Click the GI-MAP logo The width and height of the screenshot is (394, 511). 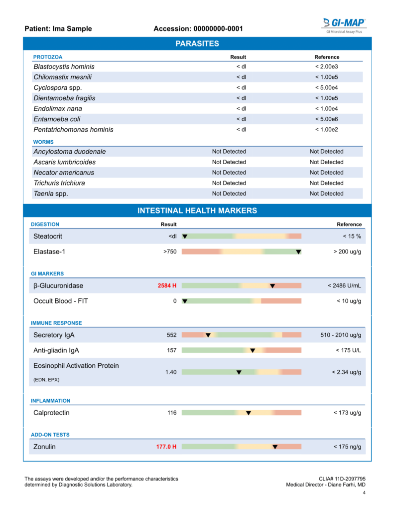pyautogui.click(x=344, y=23)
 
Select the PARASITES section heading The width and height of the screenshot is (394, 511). pyautogui.click(x=197, y=44)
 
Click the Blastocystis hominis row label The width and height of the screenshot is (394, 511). pyautogui.click(x=64, y=67)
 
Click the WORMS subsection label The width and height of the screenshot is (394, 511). pyautogui.click(x=43, y=142)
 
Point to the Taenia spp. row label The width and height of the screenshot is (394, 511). pyautogui.click(x=51, y=194)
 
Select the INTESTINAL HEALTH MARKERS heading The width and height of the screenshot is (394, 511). pyautogui.click(x=197, y=211)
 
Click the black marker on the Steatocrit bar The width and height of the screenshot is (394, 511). pyautogui.click(x=185, y=237)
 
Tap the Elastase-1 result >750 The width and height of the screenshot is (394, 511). pyautogui.click(x=169, y=252)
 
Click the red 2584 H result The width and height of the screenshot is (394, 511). pyautogui.click(x=167, y=286)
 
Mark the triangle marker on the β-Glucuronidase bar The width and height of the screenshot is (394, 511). pyautogui.click(x=272, y=286)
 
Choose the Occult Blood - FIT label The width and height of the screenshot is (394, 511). pyautogui.click(x=60, y=301)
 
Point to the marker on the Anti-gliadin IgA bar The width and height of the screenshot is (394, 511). pyautogui.click(x=253, y=351)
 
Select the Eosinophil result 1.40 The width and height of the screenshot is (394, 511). pyautogui.click(x=170, y=372)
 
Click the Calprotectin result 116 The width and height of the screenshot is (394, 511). pyautogui.click(x=171, y=413)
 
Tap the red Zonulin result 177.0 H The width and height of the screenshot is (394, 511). pyautogui.click(x=166, y=447)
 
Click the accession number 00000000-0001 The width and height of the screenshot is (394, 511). pyautogui.click(x=218, y=29)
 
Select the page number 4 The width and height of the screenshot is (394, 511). pyautogui.click(x=364, y=494)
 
